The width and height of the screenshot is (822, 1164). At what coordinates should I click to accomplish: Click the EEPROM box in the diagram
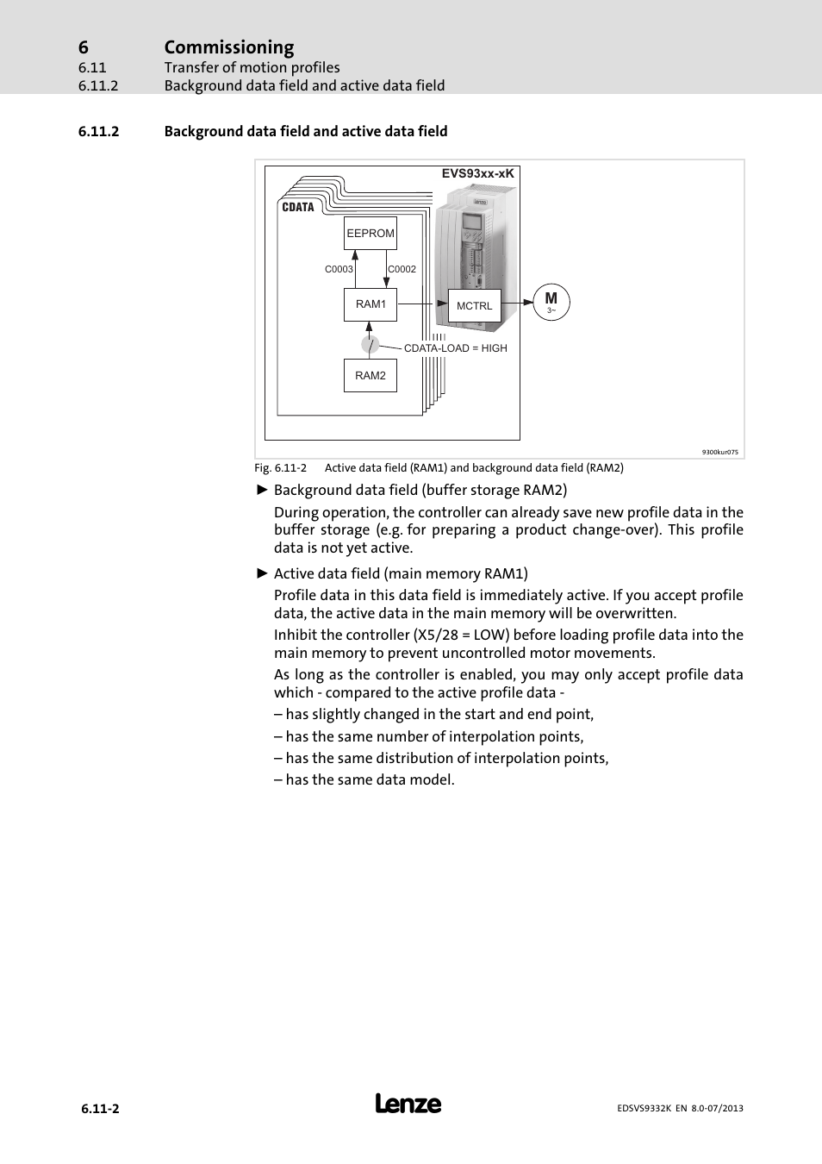371,233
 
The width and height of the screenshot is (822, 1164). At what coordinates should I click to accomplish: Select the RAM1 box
371,304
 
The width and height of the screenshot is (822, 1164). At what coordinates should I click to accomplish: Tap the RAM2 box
371,375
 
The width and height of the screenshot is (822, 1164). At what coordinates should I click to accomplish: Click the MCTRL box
474,305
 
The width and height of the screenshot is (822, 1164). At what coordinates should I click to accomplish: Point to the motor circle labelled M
551,302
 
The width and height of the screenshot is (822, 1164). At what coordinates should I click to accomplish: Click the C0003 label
339,269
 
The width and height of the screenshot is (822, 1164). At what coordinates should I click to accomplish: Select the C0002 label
402,269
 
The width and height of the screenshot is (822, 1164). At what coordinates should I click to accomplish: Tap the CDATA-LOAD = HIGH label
455,348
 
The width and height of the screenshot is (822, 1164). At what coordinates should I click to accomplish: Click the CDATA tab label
298,207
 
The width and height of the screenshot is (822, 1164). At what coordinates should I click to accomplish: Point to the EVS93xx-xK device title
477,173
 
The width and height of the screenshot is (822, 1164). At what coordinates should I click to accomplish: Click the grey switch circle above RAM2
370,345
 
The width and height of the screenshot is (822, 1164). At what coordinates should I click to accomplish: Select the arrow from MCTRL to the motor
517,303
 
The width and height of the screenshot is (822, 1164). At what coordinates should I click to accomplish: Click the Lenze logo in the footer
408,1105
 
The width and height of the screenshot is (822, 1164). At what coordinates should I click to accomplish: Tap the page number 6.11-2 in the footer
100,1109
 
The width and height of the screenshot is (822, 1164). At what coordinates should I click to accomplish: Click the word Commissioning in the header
229,47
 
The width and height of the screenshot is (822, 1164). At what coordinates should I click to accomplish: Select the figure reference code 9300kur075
719,452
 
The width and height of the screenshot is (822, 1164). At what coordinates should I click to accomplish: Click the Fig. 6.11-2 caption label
280,468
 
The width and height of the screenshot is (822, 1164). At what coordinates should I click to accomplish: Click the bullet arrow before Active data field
263,573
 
